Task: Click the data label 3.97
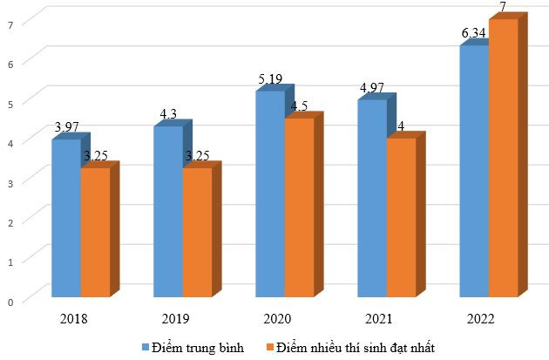tap(67, 127)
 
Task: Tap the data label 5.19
tap(271, 80)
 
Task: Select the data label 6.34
tap(475, 33)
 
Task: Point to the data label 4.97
tap(373, 88)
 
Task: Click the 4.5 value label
tap(299, 106)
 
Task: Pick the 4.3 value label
tap(167, 113)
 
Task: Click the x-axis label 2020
tap(277, 319)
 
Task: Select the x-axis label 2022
tap(481, 319)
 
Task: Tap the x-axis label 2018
tap(73, 319)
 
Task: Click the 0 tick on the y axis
tap(10, 302)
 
